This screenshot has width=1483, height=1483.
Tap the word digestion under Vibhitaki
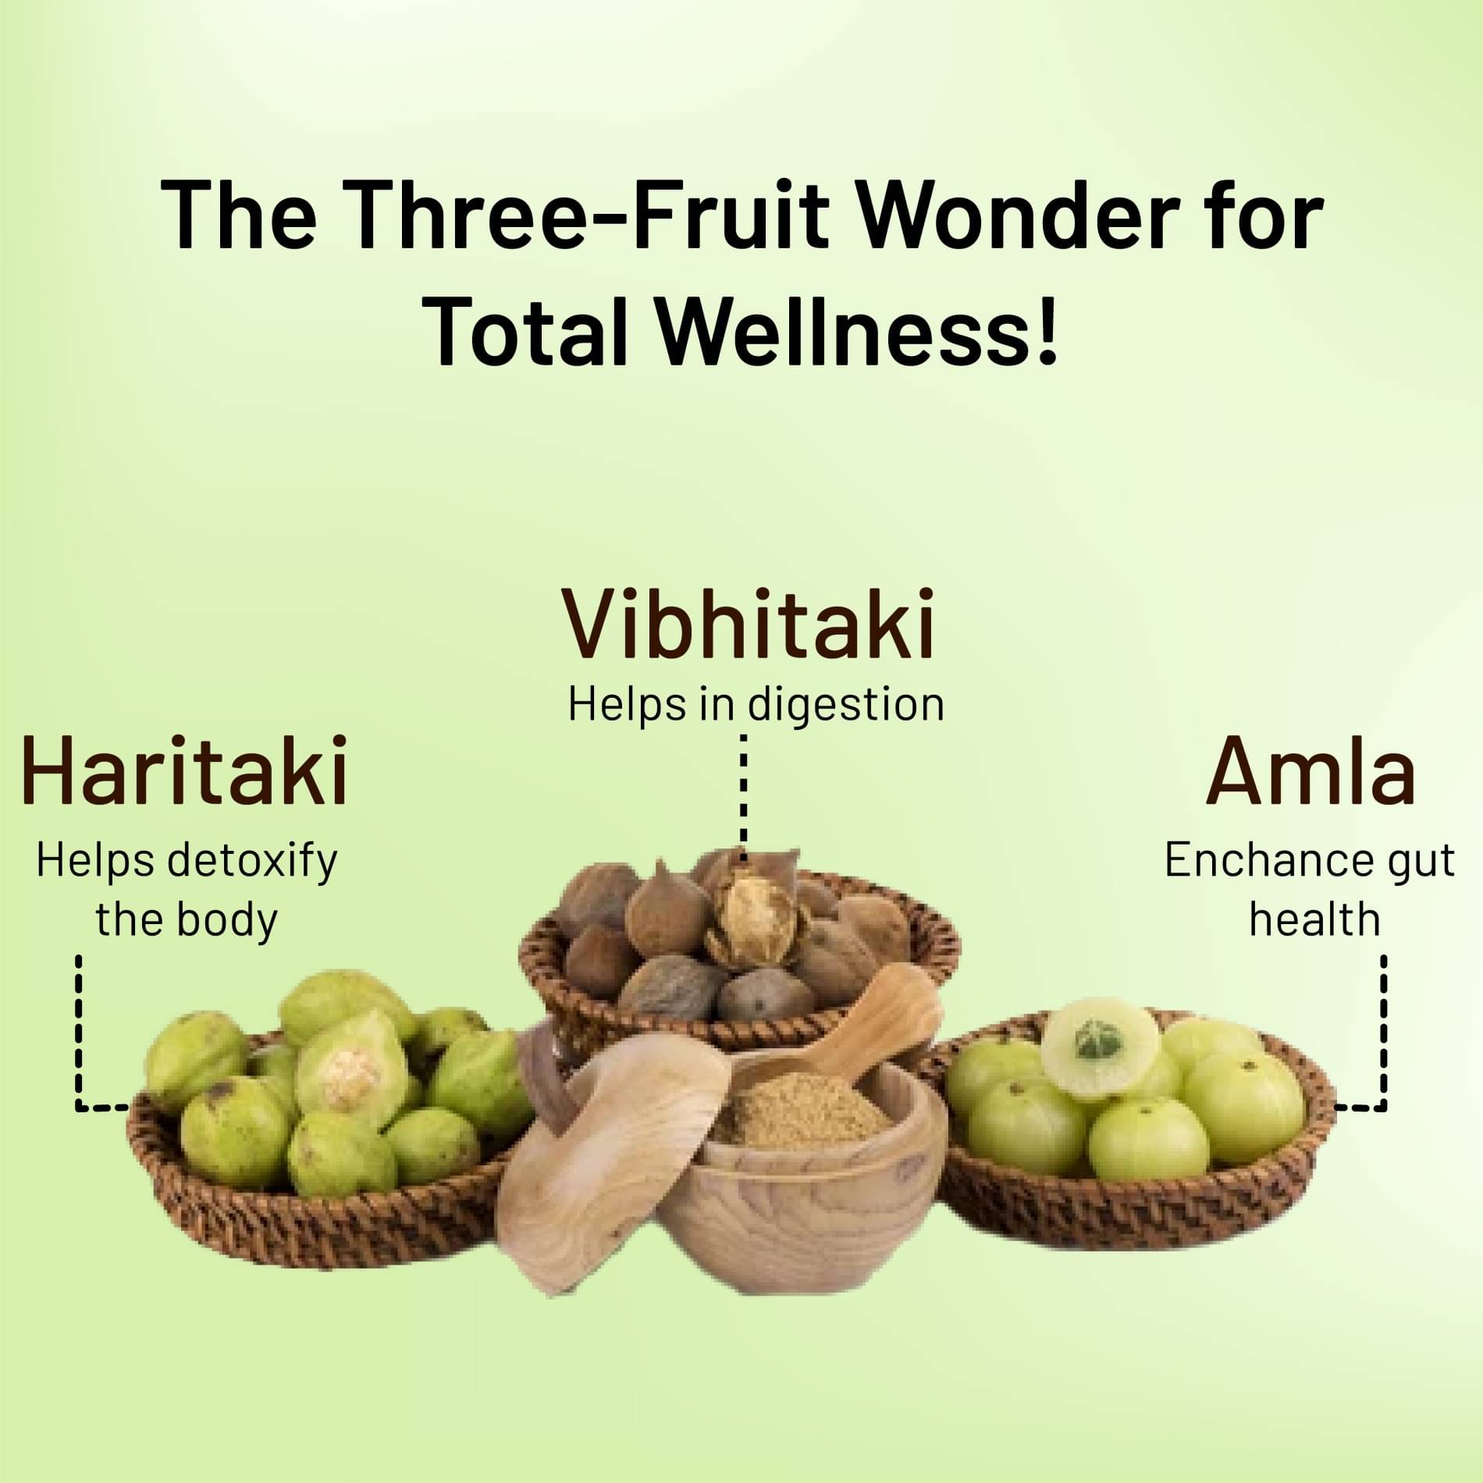click(846, 706)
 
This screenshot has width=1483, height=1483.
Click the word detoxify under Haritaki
click(253, 862)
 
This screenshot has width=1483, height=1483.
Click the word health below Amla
click(1314, 919)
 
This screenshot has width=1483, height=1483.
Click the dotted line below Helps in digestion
click(743, 796)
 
